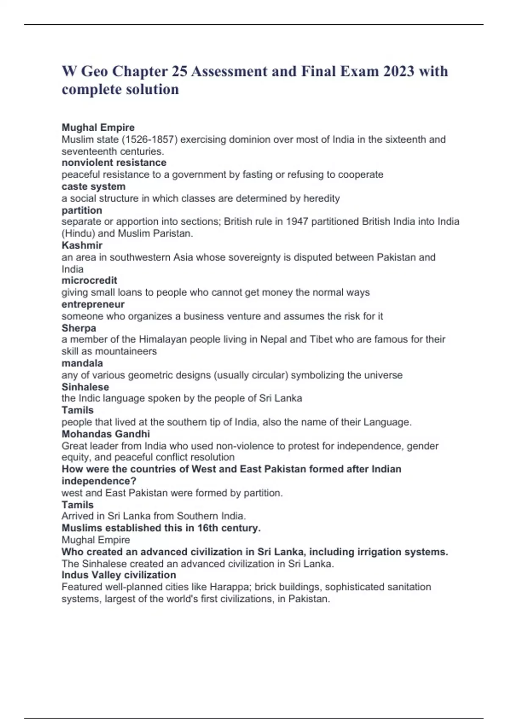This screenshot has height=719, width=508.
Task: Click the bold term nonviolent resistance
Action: [114, 163]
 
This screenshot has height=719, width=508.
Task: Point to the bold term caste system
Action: [94, 187]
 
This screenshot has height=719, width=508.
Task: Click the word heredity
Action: [321, 198]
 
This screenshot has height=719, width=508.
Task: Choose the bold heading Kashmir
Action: [82, 245]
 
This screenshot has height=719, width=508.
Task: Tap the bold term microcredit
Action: [89, 280]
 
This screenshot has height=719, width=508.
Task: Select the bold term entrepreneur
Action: [93, 305]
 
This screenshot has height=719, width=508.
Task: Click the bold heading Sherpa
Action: [79, 328]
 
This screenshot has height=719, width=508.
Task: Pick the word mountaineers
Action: [126, 351]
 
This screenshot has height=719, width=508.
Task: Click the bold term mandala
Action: [82, 363]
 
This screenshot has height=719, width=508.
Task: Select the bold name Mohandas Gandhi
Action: [106, 434]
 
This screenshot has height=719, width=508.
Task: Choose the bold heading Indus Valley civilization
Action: [119, 575]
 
